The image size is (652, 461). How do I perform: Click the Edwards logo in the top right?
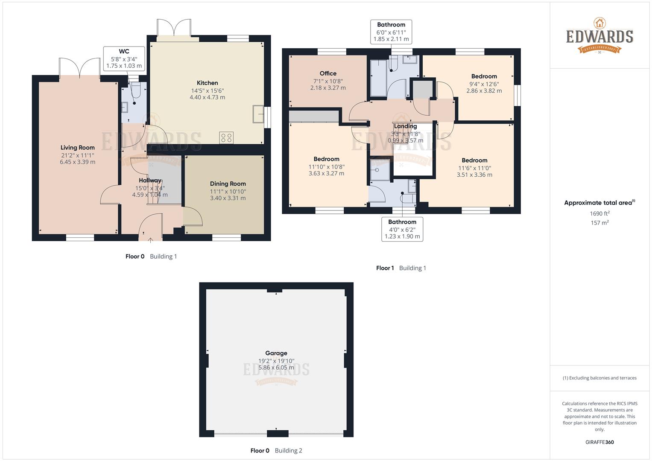pyautogui.click(x=599, y=36)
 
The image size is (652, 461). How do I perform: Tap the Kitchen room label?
pyautogui.click(x=207, y=83)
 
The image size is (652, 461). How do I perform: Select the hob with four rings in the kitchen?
pyautogui.click(x=226, y=137)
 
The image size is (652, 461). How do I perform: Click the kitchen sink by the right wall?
pyautogui.click(x=258, y=114)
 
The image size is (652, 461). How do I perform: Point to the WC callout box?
pyautogui.click(x=124, y=58)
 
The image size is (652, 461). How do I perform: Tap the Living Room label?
pyautogui.click(x=77, y=148)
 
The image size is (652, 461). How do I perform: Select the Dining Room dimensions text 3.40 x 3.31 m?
pyautogui.click(x=228, y=198)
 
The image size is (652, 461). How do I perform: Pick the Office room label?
pyautogui.click(x=328, y=73)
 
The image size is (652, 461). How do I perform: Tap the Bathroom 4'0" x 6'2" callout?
pyautogui.click(x=402, y=229)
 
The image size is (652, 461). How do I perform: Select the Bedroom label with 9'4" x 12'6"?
pyautogui.click(x=484, y=76)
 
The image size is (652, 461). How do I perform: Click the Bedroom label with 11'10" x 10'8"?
pyautogui.click(x=326, y=159)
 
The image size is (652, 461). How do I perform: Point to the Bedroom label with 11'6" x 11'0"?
pyautogui.click(x=474, y=160)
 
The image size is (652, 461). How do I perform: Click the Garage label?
pyautogui.click(x=276, y=353)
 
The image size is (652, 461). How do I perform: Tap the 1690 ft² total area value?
pyautogui.click(x=599, y=213)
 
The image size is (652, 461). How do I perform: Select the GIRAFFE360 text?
pyautogui.click(x=599, y=442)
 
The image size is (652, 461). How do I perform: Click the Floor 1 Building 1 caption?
pyautogui.click(x=401, y=268)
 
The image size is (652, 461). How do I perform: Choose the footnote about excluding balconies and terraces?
pyautogui.click(x=599, y=378)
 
